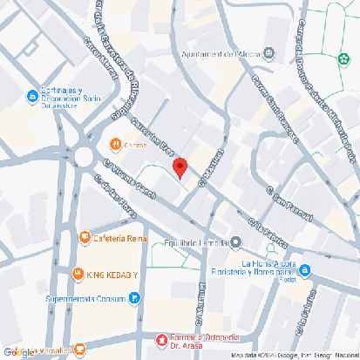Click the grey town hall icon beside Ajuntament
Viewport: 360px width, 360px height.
(268, 54)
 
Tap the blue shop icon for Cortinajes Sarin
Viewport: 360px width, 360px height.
(31, 97)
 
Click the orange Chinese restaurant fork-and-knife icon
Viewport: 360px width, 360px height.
(114, 144)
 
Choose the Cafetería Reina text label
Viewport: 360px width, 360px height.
(120, 238)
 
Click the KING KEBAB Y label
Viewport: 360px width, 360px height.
(112, 275)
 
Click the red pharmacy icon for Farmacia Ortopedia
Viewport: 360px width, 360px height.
(161, 340)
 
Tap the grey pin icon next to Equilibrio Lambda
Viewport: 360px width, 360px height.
(236, 241)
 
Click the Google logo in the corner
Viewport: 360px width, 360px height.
(18, 351)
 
